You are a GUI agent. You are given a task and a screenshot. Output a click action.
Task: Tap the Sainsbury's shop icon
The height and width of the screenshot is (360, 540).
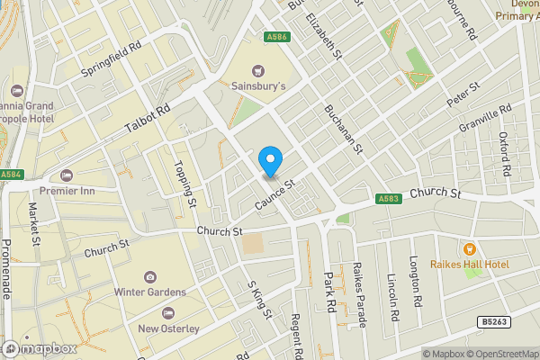tap(259, 69)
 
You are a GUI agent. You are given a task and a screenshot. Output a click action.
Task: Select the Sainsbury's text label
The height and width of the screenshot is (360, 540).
tap(259, 86)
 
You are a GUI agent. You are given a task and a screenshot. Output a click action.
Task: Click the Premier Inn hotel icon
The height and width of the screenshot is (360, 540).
tap(65, 175)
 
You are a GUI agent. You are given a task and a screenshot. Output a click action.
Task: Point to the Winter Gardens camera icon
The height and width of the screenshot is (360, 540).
tap(149, 276)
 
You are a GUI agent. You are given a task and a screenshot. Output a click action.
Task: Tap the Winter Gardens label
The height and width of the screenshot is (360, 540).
tap(149, 292)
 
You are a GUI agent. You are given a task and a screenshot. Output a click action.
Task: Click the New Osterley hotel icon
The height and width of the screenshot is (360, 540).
tap(168, 312)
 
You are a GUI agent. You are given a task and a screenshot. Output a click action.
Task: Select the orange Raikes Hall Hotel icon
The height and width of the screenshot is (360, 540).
tap(468, 248)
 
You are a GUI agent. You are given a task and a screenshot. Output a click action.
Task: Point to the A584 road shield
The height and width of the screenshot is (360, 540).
tap(11, 175)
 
